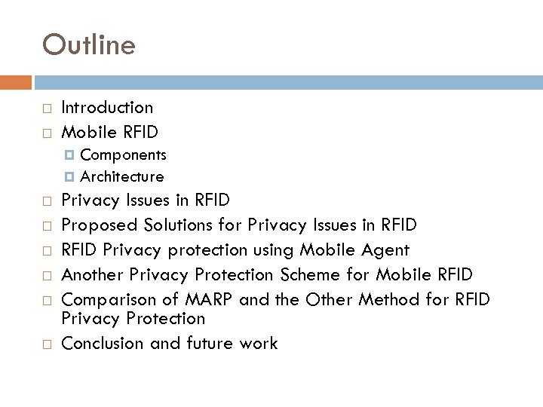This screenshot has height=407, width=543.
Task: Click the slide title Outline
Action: [x=89, y=45]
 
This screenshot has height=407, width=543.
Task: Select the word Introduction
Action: [x=106, y=108]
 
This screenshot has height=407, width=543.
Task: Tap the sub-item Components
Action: [x=123, y=155]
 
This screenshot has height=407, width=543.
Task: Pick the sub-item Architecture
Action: [x=121, y=176]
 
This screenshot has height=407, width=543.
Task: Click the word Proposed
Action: [x=96, y=224]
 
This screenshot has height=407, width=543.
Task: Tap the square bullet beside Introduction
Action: [x=47, y=109]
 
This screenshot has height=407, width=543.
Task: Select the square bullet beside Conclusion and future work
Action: [x=47, y=344]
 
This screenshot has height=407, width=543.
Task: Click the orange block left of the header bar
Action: [x=16, y=82]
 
